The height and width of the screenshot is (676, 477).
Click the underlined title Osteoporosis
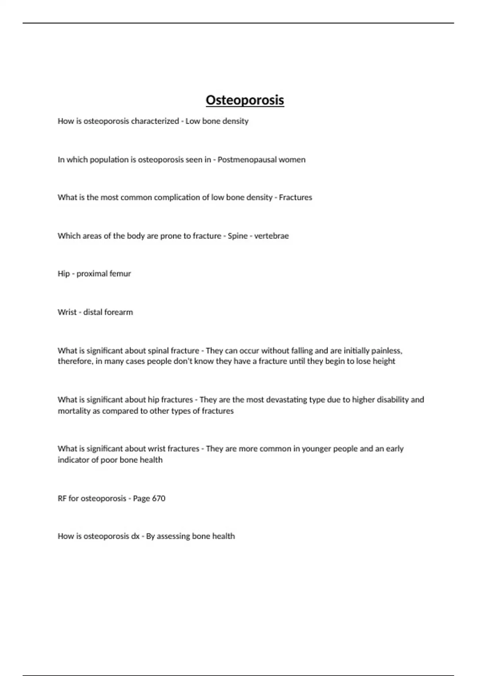click(x=244, y=100)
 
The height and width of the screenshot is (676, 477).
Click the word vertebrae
click(x=271, y=236)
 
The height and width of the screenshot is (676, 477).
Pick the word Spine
click(x=238, y=236)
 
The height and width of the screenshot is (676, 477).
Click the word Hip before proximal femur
click(x=64, y=274)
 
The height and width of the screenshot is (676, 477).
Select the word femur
click(x=121, y=274)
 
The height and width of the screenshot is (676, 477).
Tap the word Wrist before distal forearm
click(x=67, y=312)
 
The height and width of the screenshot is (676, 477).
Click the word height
click(x=384, y=361)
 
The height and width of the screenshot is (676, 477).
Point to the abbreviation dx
click(x=135, y=536)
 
